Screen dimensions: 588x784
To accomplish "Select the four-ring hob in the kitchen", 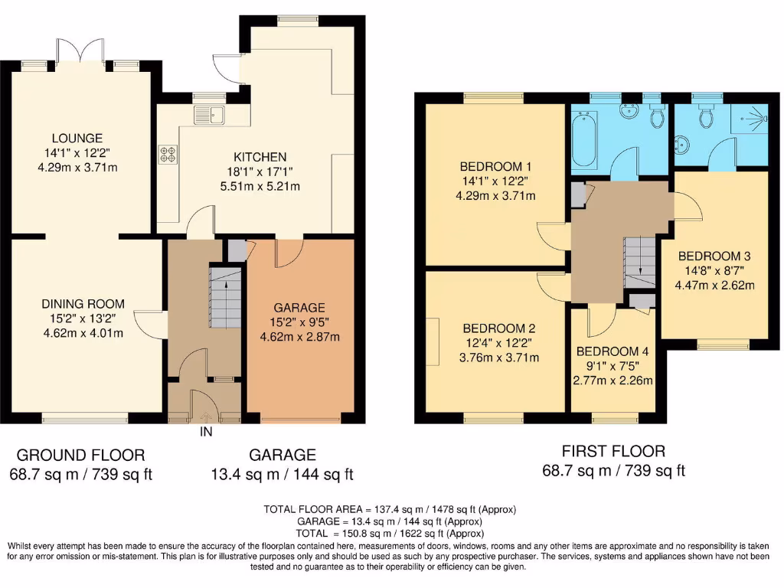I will [167, 154].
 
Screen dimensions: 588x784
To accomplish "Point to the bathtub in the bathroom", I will [585, 140].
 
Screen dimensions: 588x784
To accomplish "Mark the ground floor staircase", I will [224, 299].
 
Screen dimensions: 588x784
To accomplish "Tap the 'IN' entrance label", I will [206, 432].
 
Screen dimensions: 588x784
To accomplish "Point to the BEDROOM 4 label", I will [612, 352].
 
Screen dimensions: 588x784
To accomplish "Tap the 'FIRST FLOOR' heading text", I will [613, 451].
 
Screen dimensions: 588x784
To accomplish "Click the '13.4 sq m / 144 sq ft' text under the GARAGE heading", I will [283, 475].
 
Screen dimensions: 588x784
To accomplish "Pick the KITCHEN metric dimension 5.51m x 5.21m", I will [261, 186].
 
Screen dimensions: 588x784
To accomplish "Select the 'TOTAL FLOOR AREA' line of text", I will [390, 509].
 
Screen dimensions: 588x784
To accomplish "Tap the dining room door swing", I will [150, 324].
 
